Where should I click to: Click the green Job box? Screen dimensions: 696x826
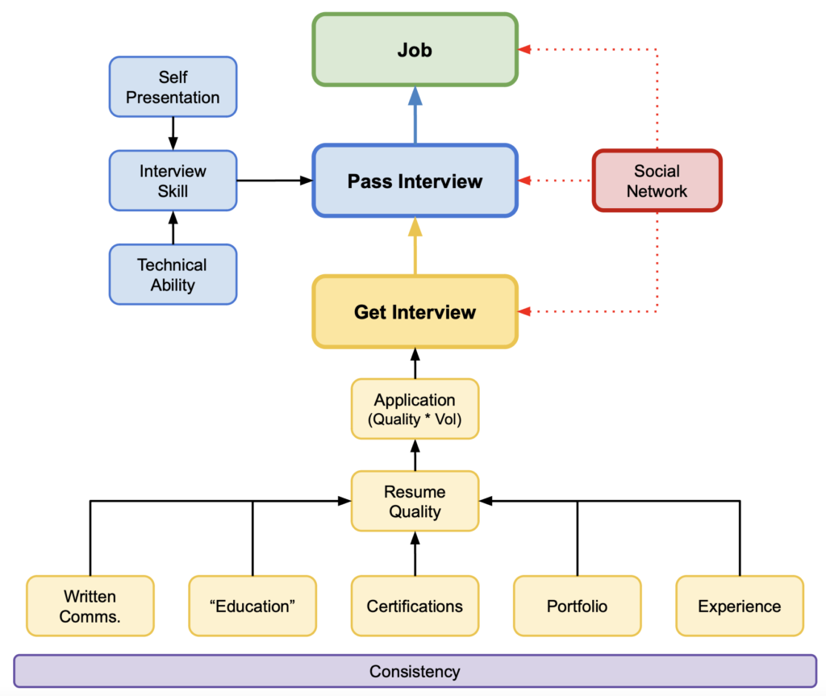[415, 49]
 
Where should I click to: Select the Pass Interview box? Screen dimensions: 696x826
[415, 181]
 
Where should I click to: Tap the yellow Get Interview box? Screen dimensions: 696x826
[415, 312]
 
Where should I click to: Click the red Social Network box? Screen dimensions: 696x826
[657, 181]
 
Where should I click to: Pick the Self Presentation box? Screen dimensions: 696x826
[173, 87]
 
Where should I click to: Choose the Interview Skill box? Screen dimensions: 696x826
[173, 181]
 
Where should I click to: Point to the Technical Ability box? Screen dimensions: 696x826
[173, 274]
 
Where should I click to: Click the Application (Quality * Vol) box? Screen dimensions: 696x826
[415, 409]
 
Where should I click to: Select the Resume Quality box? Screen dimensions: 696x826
[415, 501]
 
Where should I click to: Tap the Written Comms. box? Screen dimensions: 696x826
[90, 606]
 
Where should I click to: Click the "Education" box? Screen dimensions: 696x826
[252, 606]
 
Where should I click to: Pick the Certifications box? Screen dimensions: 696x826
[415, 606]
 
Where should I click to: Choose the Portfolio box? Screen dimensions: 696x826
[577, 606]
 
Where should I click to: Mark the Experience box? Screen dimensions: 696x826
[739, 606]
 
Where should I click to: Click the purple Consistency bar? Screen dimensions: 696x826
[415, 671]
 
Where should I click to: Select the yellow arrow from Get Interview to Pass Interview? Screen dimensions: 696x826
[415, 247]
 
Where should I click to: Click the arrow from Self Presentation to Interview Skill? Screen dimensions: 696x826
[173, 134]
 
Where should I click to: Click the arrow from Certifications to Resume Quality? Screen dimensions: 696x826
[415, 554]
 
